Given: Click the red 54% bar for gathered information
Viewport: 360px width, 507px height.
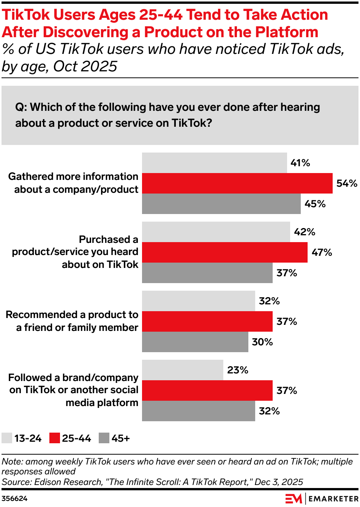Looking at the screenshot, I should point(237,183).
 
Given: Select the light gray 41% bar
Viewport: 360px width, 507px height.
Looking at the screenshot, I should point(215,163).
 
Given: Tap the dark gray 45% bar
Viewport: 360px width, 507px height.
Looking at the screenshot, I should point(221,204).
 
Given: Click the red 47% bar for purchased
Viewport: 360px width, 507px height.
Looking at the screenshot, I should point(225,252).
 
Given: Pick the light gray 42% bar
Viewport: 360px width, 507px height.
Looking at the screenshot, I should point(216,232).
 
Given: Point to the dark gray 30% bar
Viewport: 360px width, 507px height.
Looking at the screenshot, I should point(195,342).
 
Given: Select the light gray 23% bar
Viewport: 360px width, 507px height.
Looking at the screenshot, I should point(183,370).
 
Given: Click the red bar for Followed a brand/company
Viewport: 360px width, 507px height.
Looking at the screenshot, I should point(207,390).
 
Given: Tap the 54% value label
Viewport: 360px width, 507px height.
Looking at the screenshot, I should point(347,184).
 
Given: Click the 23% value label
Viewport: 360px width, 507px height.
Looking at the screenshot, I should point(238,370).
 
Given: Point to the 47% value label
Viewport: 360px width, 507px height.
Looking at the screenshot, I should point(322,252).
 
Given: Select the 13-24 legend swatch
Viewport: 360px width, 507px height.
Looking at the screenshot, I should point(7,438).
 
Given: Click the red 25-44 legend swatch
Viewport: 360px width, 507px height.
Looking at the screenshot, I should point(55,438).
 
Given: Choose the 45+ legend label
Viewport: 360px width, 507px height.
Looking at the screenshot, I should point(121,439).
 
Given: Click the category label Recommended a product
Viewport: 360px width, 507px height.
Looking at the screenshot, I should point(72,321).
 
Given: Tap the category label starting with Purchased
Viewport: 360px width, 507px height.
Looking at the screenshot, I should point(75,252).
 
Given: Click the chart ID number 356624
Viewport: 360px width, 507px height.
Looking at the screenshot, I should point(14,499).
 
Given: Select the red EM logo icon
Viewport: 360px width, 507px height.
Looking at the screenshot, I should point(294,499).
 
